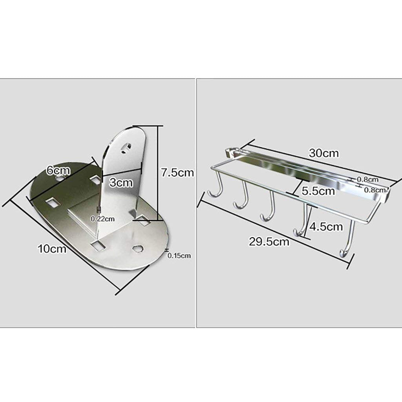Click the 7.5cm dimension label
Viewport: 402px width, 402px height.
coord(177,173)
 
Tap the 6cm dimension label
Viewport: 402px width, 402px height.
coord(58,170)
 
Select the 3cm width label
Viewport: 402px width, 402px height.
coord(121,183)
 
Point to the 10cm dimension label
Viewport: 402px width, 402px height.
coord(52,249)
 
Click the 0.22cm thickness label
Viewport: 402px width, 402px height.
coord(103,219)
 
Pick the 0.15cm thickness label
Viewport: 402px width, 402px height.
coord(179,256)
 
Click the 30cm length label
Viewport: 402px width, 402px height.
coord(324,153)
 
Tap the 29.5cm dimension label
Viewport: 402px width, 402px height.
coord(269,241)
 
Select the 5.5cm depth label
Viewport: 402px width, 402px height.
coord(318,191)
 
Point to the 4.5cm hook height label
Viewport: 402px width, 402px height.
coord(326,227)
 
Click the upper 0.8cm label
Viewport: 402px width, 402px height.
coord(367,179)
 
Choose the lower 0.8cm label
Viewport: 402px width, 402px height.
coord(375,190)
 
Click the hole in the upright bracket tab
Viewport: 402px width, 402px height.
coord(126,148)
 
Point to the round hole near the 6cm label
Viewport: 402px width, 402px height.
coord(60,178)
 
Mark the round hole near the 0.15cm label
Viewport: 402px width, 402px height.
coord(138,249)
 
